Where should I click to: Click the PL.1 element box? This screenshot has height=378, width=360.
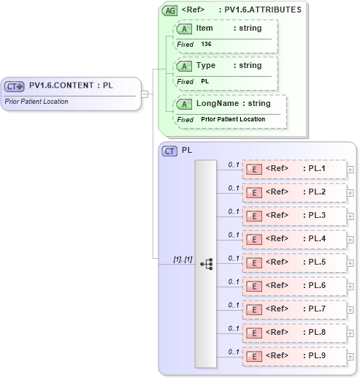click(x=294, y=170)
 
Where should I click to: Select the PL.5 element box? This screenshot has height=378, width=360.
click(x=294, y=262)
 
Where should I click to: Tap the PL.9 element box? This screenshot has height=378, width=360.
click(x=294, y=355)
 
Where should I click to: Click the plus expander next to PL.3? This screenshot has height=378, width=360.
click(x=351, y=216)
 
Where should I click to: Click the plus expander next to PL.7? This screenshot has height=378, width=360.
click(x=351, y=309)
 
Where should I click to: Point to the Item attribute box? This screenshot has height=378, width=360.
click(x=226, y=35)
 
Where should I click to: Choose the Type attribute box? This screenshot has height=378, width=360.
click(x=226, y=72)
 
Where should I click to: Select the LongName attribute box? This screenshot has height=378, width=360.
click(x=231, y=110)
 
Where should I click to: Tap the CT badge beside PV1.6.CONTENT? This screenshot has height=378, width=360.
click(x=15, y=86)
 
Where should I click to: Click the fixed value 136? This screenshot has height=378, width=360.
click(x=207, y=45)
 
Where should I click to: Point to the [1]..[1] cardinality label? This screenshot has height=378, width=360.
click(x=183, y=260)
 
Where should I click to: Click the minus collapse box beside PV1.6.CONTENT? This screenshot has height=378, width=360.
click(x=145, y=94)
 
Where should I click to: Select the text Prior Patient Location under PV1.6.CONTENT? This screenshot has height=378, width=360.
click(x=37, y=102)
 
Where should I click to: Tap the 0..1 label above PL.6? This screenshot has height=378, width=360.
click(x=234, y=281)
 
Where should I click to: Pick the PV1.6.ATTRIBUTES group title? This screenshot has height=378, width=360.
click(x=263, y=10)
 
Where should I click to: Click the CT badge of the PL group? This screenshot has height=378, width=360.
click(x=170, y=151)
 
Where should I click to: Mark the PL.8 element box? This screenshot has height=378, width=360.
click(x=294, y=333)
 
